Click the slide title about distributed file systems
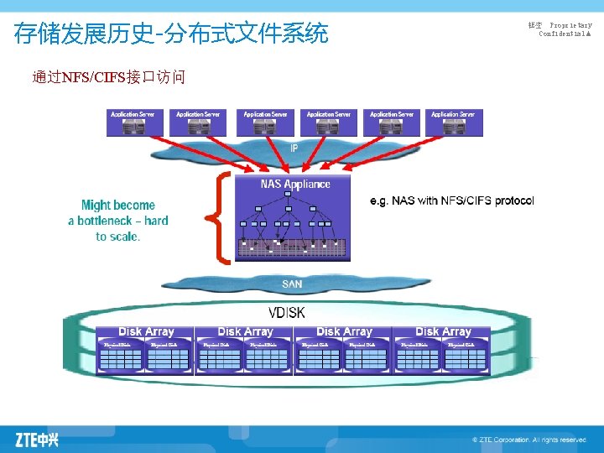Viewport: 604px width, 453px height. point(171,34)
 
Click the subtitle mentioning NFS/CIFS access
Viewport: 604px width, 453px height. point(108,78)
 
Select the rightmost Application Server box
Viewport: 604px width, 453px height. point(453,122)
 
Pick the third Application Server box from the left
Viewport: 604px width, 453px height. point(265,122)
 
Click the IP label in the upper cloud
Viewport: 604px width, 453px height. point(294,148)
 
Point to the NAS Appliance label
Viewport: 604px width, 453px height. point(295,184)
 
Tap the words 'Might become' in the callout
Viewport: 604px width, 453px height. point(118,205)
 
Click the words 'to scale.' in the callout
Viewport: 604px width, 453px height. point(118,237)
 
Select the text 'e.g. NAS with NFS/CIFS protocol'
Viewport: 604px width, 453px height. point(451,200)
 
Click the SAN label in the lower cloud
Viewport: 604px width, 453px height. point(292,284)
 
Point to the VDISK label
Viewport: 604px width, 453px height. point(287,312)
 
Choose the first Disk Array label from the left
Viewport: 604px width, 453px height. point(147,332)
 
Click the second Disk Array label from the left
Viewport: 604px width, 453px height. point(245,332)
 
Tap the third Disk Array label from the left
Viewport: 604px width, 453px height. point(344,332)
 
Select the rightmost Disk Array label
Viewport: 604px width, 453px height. point(443,332)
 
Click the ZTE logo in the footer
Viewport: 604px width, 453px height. point(38,439)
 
